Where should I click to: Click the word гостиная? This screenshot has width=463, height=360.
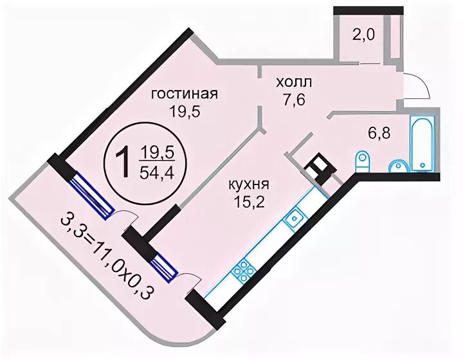click(x=184, y=94)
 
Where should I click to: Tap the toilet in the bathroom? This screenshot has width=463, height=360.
click(x=363, y=161)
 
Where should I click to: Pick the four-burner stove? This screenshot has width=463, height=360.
click(x=244, y=271)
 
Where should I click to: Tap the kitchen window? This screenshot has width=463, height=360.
click(x=164, y=265)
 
